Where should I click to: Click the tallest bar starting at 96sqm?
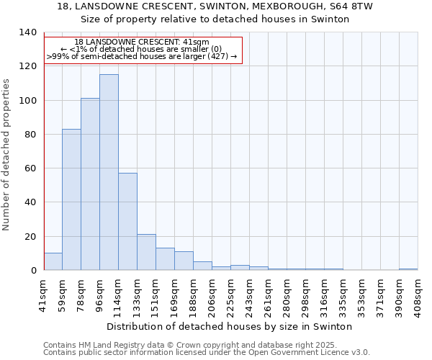coord(109,173)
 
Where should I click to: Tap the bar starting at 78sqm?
coord(90,184)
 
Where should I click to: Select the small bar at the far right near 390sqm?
coord(408,269)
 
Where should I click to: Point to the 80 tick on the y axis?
coord(30,135)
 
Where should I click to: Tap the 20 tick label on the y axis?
coord(30,237)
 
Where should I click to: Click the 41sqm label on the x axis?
coord(44,294)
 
